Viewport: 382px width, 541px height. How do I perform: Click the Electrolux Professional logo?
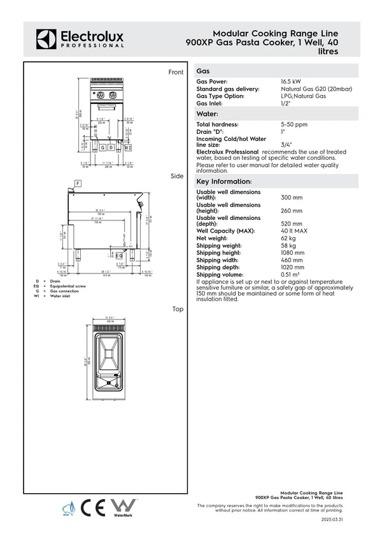[80, 39]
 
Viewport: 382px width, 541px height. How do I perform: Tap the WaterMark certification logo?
[124, 507]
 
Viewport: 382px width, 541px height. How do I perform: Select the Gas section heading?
[204, 72]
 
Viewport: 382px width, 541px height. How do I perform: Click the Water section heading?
[208, 113]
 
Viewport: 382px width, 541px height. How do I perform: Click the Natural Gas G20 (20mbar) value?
[316, 89]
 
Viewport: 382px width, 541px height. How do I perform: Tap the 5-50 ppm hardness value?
[294, 124]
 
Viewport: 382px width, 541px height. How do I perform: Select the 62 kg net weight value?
[288, 238]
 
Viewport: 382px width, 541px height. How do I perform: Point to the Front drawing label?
[176, 73]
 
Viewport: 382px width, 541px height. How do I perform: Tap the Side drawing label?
[177, 176]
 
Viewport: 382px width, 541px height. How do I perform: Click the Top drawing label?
[178, 309]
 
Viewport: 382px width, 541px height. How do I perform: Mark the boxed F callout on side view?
[78, 184]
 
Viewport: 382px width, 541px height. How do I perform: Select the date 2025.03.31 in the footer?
[332, 520]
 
